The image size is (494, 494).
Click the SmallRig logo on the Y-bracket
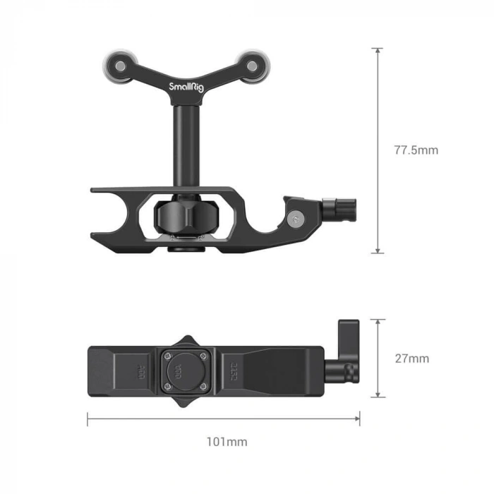point(183,87)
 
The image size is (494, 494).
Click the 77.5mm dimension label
point(416,150)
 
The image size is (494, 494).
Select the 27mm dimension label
point(411,359)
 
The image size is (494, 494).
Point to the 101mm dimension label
point(227,442)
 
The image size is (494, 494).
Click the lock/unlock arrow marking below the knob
point(183,240)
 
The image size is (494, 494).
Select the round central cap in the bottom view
point(183,368)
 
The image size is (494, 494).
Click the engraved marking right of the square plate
point(234,369)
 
